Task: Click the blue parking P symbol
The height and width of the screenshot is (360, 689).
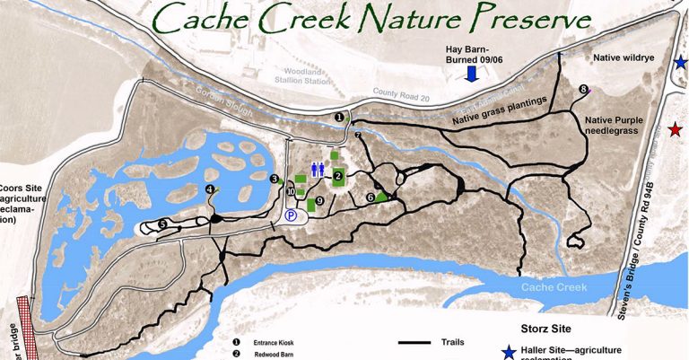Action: pos(291,215)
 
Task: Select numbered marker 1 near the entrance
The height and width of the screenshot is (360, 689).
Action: pos(339,117)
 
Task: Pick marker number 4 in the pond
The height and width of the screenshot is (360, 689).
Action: pos(210,189)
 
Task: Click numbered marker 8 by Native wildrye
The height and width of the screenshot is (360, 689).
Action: pos(584,89)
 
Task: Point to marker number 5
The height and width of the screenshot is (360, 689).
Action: pos(162,224)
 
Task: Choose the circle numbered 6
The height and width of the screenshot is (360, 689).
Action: pos(370,197)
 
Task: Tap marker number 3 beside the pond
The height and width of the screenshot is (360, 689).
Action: pos(274,179)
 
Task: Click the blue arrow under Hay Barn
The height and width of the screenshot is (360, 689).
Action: pos(472,75)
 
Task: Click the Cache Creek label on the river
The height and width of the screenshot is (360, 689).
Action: pos(556,287)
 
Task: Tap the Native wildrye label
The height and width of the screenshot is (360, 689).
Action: pos(627,57)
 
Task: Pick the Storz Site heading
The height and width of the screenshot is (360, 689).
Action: pos(548,329)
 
